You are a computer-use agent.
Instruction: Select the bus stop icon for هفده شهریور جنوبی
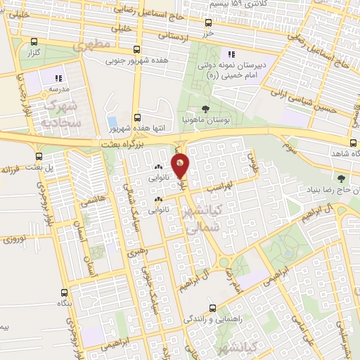coord(137,50)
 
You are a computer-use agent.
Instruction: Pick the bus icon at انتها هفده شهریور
coord(137,117)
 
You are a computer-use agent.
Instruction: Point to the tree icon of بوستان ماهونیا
coord(205,108)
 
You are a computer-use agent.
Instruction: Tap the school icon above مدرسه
coord(58,78)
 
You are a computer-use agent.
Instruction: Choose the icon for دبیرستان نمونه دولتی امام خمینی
coord(229,54)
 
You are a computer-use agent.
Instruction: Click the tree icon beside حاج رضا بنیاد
coord(341,179)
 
